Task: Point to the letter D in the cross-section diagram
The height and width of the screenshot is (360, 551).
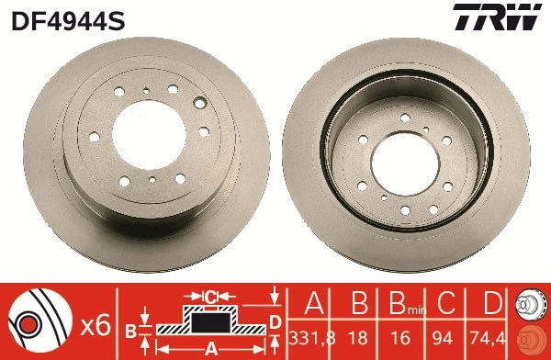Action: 275,321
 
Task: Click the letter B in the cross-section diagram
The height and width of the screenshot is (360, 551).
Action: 131,330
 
